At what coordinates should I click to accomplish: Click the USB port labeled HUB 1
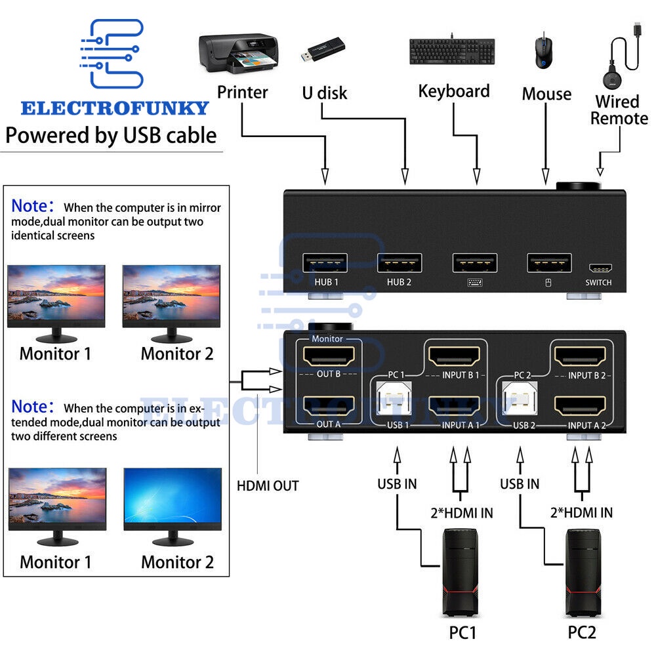coord(325,263)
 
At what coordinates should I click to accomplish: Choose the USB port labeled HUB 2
coord(399,263)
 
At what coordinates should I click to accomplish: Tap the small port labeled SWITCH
coord(599,268)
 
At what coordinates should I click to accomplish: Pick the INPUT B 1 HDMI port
coord(454,358)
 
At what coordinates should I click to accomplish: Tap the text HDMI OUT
coord(268,486)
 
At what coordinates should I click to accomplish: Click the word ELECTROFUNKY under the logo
coord(115,108)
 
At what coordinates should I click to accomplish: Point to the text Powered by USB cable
coord(111,136)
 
